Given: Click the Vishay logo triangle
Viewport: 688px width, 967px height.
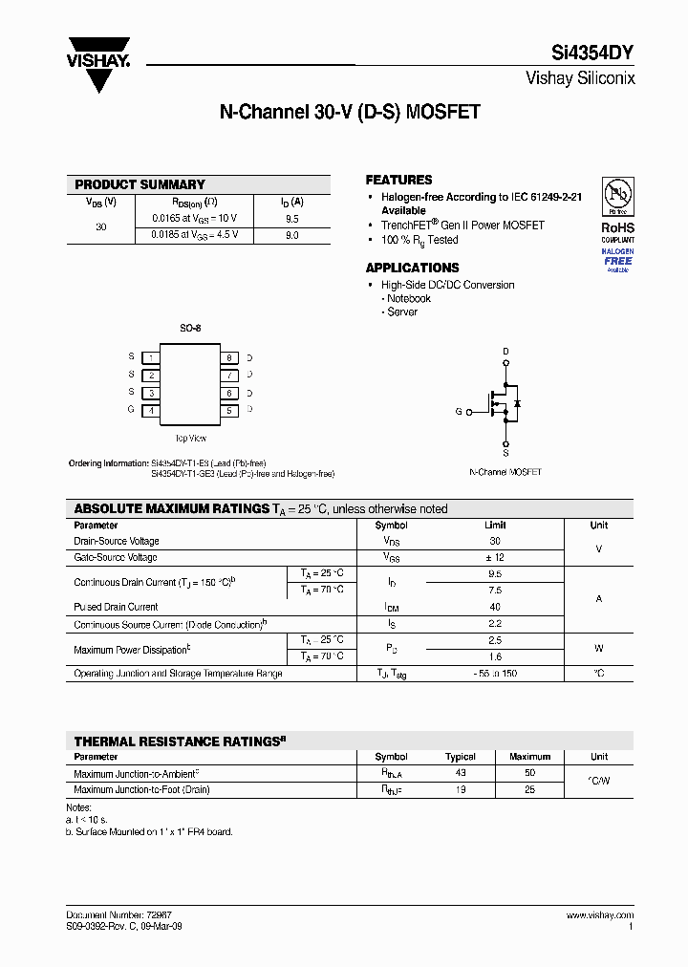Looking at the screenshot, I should point(98,67).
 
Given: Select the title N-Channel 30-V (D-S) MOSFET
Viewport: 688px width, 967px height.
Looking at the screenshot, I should point(350,112).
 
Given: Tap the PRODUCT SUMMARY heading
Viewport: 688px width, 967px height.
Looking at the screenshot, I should point(140,184).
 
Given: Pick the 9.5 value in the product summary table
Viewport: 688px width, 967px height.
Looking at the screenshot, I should point(291,218).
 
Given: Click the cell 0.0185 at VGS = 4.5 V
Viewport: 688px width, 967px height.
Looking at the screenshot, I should point(195,235).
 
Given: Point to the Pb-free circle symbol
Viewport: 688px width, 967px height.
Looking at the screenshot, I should point(617,197).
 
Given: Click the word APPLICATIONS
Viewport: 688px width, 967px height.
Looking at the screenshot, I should point(412,268).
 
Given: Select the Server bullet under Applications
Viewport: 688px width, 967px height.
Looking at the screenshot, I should point(401,312).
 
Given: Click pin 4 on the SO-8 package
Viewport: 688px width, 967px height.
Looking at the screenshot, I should point(151,410).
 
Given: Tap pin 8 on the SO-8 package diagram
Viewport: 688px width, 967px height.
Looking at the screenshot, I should point(229,357).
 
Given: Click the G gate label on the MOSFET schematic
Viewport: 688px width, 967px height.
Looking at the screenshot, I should point(459,412).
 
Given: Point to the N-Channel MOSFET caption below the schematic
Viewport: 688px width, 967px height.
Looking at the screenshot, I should point(505,472).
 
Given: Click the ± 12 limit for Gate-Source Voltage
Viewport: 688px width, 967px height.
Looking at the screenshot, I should point(494,557).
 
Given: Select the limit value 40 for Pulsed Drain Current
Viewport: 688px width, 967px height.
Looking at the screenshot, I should point(494,607).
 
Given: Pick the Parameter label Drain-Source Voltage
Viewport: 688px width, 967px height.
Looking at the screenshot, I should point(117,541).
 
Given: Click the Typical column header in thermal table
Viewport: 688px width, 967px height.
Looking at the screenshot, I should point(461,756).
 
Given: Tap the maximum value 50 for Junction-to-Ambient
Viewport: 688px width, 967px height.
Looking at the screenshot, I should point(529,772).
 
